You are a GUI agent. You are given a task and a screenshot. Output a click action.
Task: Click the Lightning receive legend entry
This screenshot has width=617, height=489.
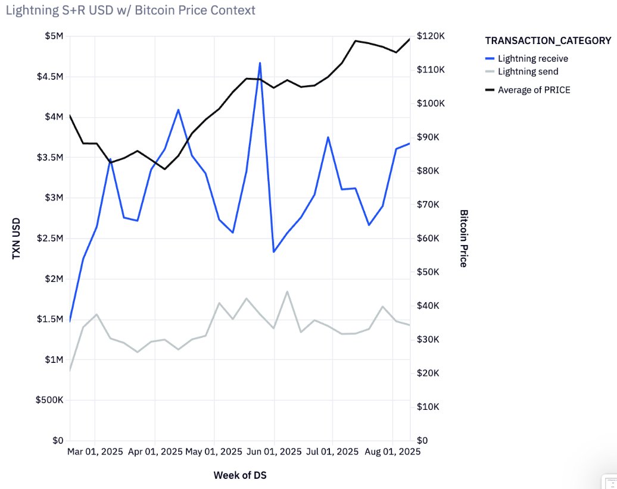pos(532,58)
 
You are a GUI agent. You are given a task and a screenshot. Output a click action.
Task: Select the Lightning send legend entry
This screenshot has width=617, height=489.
pos(528,71)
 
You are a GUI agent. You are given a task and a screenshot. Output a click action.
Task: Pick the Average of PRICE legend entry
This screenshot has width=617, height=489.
pos(534,90)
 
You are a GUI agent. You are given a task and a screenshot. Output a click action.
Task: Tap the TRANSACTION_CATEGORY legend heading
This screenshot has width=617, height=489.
pos(548,40)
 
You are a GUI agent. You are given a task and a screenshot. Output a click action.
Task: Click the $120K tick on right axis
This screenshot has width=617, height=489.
pos(431,36)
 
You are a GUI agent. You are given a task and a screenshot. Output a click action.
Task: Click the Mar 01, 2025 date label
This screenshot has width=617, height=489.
pos(95,452)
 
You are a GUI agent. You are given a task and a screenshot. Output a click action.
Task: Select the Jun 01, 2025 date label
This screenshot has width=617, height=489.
pos(274,452)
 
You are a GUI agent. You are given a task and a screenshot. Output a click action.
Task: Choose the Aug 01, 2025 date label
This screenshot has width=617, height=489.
pos(393,452)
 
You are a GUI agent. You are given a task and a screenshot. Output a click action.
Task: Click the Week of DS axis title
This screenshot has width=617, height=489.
pos(244,475)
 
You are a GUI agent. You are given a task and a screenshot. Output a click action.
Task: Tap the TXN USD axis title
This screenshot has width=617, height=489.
pos(17,238)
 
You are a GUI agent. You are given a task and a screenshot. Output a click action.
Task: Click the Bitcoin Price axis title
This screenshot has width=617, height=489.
pos(464,238)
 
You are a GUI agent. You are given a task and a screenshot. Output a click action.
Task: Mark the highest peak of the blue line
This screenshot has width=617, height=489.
pos(260,62)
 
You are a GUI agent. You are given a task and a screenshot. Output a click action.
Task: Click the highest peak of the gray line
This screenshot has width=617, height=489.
pos(287,291)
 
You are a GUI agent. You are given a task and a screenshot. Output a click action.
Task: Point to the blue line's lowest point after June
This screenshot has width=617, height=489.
pos(274,252)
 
